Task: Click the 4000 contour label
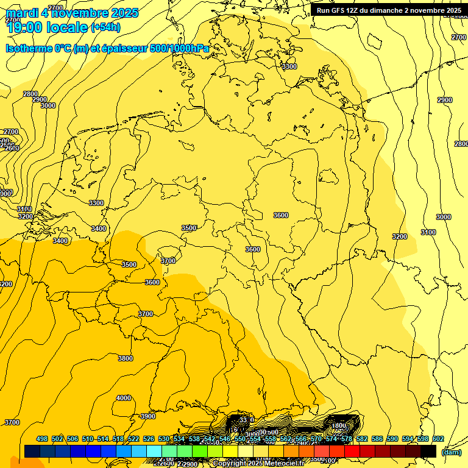[124, 398]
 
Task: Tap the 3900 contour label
[148, 416]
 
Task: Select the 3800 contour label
[126, 358]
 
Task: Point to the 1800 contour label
[339, 426]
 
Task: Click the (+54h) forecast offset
[105, 27]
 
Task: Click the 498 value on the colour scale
[42, 439]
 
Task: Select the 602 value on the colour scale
[438, 439]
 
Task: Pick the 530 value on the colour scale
[164, 439]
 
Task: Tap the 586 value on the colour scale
[377, 439]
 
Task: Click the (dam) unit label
[452, 452]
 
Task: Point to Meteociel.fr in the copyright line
[288, 464]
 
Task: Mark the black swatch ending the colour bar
[428, 451]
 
